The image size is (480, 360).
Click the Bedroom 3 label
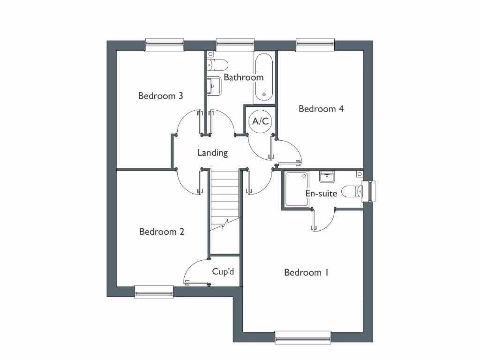click(160, 96)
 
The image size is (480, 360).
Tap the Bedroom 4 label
click(321, 109)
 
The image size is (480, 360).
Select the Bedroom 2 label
click(162, 232)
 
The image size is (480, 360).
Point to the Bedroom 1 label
click(306, 272)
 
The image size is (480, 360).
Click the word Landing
click(212, 153)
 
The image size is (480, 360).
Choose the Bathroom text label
click(243, 77)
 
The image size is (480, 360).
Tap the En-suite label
click(321, 193)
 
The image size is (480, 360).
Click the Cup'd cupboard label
click(223, 271)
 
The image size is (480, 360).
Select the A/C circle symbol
click(261, 121)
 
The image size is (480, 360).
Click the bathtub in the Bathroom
click(264, 78)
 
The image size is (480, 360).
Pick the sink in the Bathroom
click(214, 85)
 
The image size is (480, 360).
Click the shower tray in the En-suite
click(296, 189)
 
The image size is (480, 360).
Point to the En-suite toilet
click(352, 191)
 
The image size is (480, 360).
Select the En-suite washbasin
click(327, 176)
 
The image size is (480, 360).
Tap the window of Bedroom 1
click(303, 337)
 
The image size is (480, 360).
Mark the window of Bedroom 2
click(154, 292)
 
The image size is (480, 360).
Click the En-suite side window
click(372, 191)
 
